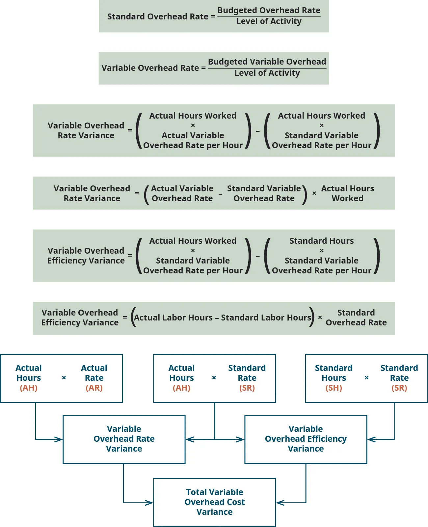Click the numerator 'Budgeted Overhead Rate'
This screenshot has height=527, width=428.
click(269, 11)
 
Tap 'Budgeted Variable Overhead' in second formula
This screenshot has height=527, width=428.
click(267, 62)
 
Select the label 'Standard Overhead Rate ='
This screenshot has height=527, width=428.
click(161, 16)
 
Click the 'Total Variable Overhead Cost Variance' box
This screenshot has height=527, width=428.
click(214, 502)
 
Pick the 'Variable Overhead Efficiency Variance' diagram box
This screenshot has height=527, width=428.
click(306, 439)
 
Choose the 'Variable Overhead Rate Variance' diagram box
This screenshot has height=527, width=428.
click(124, 439)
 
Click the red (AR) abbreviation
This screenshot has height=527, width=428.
click(94, 388)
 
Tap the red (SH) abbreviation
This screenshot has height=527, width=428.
click(334, 388)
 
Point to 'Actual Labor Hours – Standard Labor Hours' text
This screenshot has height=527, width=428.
click(222, 318)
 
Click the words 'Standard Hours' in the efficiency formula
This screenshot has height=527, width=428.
click(321, 241)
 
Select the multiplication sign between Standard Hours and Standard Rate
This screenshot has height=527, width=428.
click(366, 378)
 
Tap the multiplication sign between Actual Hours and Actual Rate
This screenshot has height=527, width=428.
click(64, 378)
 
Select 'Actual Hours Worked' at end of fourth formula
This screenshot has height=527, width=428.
click(347, 193)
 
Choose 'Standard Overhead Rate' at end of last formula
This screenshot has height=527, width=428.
click(356, 318)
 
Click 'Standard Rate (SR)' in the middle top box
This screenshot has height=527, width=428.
click(247, 377)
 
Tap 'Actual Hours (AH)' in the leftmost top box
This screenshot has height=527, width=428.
click(29, 377)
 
